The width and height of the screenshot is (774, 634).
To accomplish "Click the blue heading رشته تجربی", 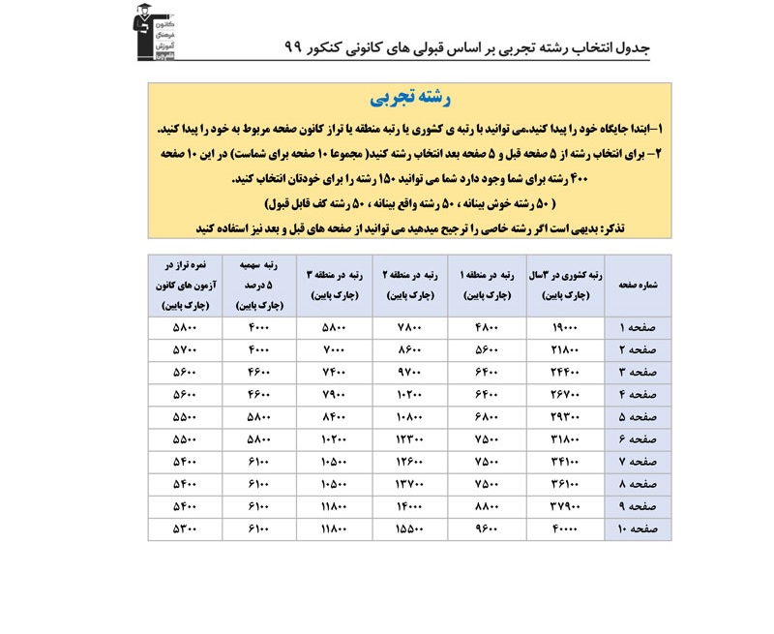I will [x=410, y=98].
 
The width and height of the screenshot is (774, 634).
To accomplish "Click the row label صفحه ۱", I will [x=638, y=327].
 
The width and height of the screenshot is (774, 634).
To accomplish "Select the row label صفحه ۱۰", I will [x=638, y=529].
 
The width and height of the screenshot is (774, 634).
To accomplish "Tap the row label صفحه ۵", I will [x=638, y=417].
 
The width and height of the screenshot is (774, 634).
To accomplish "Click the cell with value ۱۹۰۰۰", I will [x=565, y=327].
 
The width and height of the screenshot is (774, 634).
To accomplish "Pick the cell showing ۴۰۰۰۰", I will [x=565, y=529].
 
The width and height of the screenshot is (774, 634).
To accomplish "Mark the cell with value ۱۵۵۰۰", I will [x=410, y=529].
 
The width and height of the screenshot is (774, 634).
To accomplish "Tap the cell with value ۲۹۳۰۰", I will [x=565, y=417].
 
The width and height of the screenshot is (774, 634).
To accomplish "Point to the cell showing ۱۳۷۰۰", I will [x=410, y=485].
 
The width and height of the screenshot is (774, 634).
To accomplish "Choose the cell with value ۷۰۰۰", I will [x=334, y=349].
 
